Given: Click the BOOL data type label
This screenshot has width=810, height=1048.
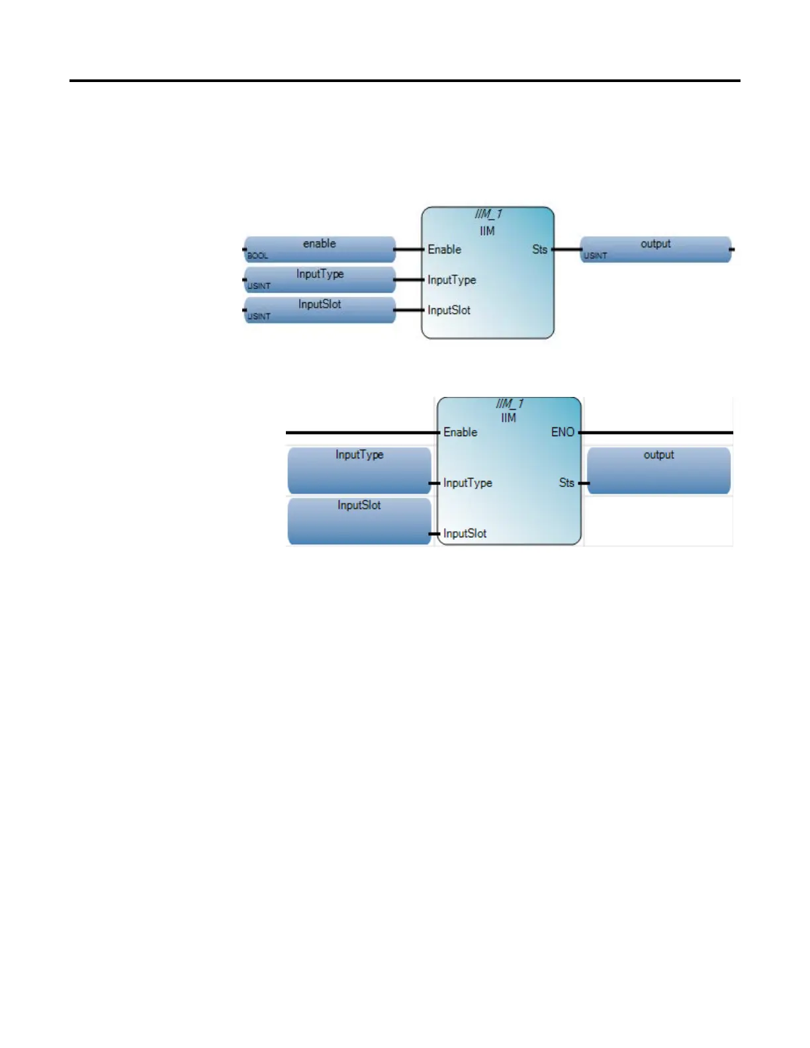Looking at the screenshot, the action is click(257, 255).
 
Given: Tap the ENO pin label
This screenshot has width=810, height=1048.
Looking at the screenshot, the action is click(562, 432).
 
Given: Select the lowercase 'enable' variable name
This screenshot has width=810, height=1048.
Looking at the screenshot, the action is click(320, 243).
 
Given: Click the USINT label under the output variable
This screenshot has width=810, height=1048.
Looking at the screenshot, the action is click(595, 255).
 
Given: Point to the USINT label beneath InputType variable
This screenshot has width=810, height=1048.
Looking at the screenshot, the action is click(259, 286).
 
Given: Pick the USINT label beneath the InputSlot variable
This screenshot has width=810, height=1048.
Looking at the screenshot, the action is click(259, 316).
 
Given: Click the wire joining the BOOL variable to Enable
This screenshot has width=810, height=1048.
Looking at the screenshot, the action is click(408, 249).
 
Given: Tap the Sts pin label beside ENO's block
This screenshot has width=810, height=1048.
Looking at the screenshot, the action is click(566, 483).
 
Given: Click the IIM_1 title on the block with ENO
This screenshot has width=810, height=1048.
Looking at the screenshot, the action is click(510, 404).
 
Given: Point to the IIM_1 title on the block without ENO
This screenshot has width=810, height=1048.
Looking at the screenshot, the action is click(488, 214).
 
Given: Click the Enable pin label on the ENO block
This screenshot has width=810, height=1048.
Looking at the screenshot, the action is click(460, 432).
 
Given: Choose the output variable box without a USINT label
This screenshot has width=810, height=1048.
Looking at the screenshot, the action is click(658, 470).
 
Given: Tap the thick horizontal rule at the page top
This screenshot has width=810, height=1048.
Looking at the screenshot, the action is click(405, 81).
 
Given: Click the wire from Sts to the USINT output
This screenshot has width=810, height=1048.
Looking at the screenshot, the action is click(566, 249).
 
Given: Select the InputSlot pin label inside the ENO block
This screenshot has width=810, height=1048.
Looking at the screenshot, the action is click(465, 533).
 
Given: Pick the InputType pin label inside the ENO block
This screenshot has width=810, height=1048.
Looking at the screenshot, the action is click(467, 483).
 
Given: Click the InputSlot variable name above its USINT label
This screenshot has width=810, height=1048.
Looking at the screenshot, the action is click(320, 304).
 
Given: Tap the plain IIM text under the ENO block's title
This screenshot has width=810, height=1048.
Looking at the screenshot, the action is click(508, 417).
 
